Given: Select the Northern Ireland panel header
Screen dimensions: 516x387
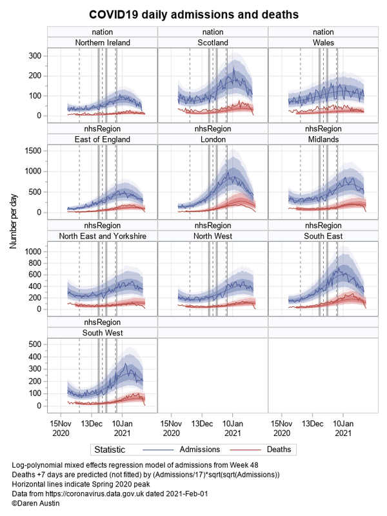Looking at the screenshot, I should (103, 43).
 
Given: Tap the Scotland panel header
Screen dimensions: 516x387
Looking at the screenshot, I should (212, 43).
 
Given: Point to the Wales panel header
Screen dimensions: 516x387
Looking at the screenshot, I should (322, 43).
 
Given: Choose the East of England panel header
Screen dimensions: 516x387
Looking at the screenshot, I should (103, 139).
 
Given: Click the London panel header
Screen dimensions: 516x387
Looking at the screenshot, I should (212, 139).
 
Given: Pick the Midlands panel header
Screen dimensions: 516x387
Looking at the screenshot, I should (322, 139).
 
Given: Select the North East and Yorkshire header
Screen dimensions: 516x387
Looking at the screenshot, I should (103, 236).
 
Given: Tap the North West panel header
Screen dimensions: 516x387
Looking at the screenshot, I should (212, 236).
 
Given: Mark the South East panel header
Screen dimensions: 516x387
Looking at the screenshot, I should (322, 236).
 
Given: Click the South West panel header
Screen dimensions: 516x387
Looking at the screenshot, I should (103, 333).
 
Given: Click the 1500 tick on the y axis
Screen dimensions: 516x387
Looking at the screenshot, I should (34, 150).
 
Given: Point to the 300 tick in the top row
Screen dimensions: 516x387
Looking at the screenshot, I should (36, 56).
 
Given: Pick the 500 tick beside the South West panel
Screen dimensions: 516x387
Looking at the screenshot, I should (36, 344).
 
